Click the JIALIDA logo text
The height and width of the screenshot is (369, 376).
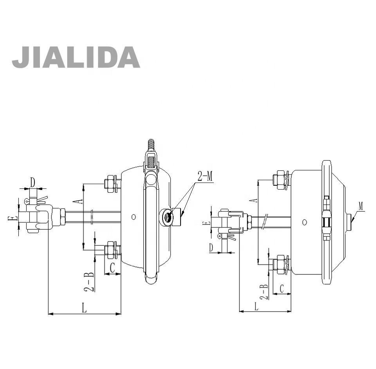[76, 57]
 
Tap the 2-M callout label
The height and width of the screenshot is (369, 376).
[205, 176]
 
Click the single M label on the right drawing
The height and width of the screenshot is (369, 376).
[361, 206]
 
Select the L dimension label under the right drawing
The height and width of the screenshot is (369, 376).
[256, 306]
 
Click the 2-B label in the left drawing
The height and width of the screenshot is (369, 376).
[89, 282]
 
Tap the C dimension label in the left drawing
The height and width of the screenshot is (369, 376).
[112, 267]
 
